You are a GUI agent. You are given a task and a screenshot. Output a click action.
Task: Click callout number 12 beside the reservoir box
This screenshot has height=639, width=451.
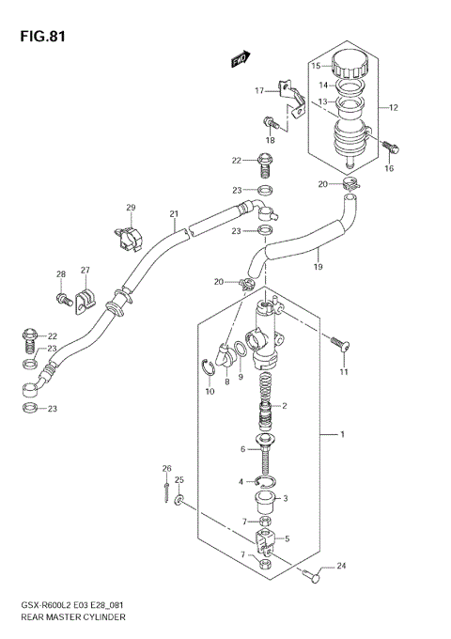(x=394, y=108)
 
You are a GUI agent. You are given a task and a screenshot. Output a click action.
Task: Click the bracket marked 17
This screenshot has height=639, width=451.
(x=290, y=100)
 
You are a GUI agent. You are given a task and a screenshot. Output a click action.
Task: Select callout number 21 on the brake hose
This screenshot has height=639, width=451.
(x=174, y=213)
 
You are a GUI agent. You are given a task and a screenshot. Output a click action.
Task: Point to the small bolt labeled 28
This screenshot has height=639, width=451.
(x=64, y=300)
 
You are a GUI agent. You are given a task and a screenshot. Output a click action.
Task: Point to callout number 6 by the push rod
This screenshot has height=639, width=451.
(x=241, y=449)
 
